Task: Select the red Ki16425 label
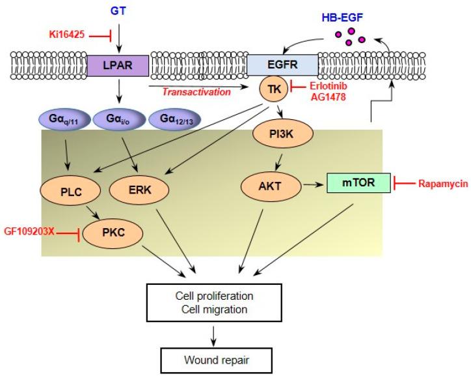click(67, 35)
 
